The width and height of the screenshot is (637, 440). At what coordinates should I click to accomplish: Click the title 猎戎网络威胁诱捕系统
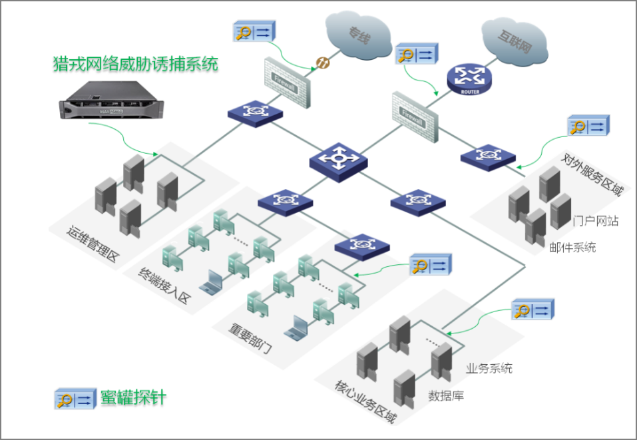point(135,65)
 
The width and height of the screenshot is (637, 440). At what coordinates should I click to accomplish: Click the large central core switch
point(339,160)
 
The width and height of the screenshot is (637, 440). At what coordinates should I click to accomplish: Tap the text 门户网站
point(596,221)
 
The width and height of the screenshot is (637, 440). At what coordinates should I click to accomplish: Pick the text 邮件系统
point(572,248)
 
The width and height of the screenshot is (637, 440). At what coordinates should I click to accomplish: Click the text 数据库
point(446,396)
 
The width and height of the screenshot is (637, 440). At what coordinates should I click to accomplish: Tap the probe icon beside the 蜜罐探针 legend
point(74,399)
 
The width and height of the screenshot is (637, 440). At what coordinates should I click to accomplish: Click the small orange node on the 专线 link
point(321,64)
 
